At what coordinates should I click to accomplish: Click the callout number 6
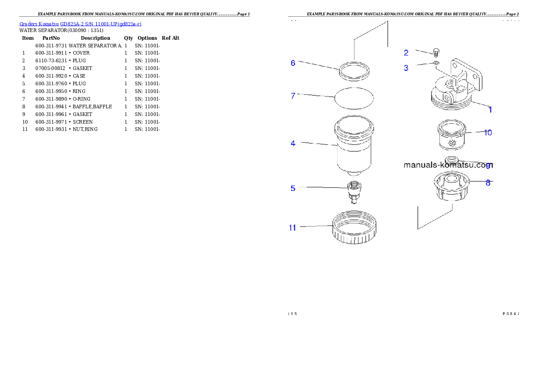293,63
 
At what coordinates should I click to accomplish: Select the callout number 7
293,96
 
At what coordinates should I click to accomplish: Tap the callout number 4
293,144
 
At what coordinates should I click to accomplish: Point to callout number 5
293,188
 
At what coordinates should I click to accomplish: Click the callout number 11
293,228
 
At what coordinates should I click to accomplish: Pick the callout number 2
406,53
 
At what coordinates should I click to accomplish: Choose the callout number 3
406,68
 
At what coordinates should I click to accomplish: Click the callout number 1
490,109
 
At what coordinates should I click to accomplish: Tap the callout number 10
488,133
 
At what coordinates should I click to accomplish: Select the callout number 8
488,183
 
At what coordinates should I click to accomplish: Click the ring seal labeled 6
354,70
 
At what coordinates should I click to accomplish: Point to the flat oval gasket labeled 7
354,98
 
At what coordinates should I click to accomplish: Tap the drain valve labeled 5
353,192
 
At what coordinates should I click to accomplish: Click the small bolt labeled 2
436,52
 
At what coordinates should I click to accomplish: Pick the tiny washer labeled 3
436,64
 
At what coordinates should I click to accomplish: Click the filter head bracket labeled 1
457,88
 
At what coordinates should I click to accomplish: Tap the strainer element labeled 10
450,136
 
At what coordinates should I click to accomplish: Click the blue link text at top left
80,24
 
